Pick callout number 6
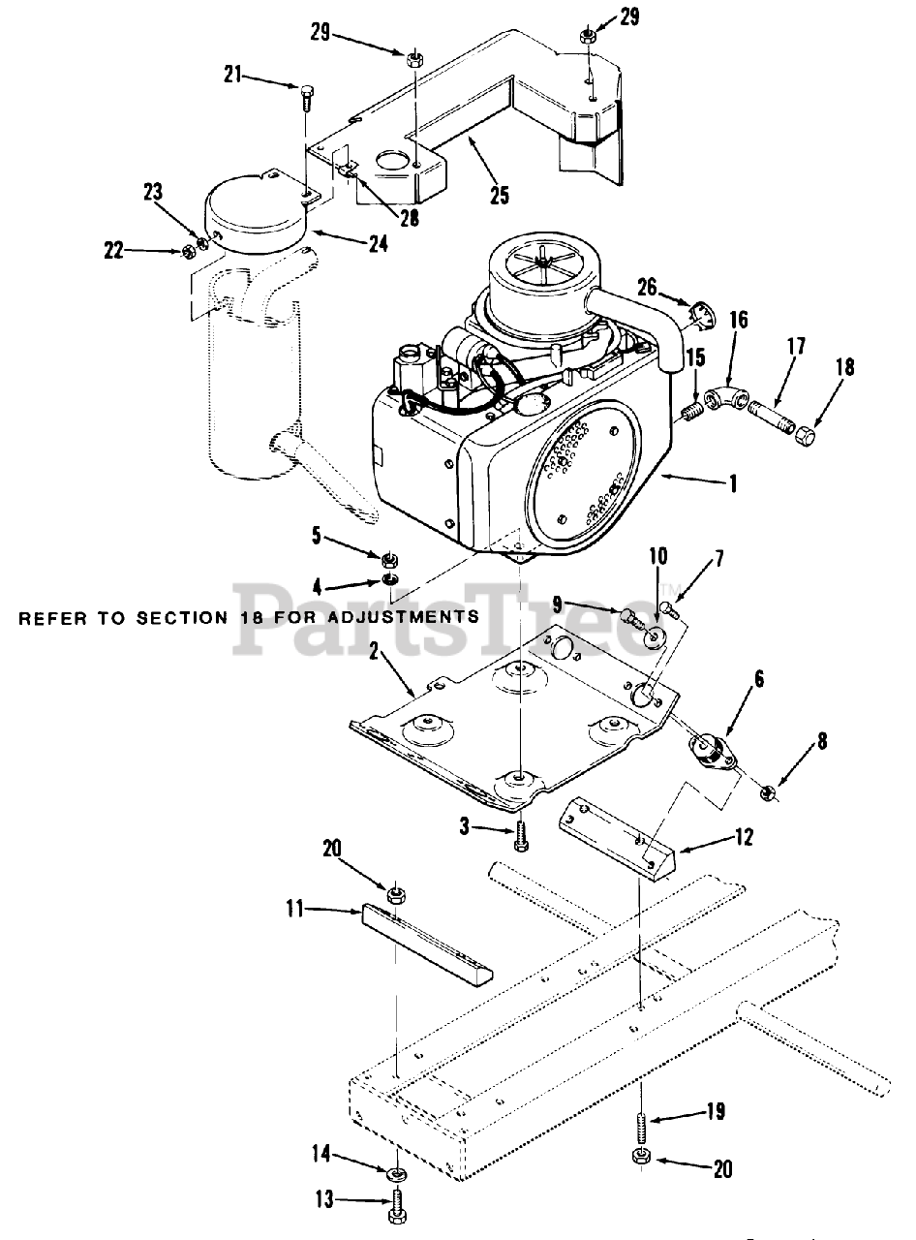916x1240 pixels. (758, 679)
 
